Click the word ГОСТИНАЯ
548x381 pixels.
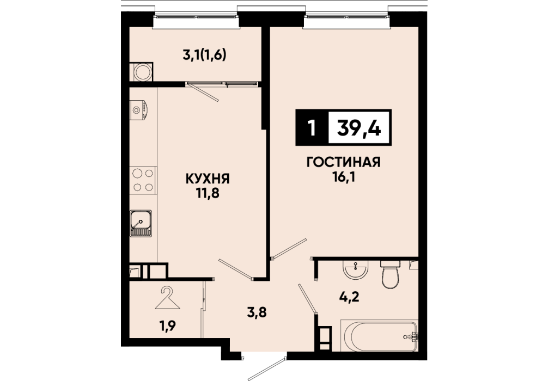(x=344, y=162)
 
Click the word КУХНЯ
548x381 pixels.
(x=208, y=179)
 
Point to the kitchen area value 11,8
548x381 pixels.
(x=208, y=193)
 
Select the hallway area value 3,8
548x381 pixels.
(x=257, y=312)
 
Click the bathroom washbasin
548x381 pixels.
(x=355, y=269)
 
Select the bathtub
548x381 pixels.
(x=380, y=336)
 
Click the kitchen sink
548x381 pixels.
(x=141, y=223)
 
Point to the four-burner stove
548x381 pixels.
(x=143, y=180)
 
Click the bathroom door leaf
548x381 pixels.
(x=308, y=299)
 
